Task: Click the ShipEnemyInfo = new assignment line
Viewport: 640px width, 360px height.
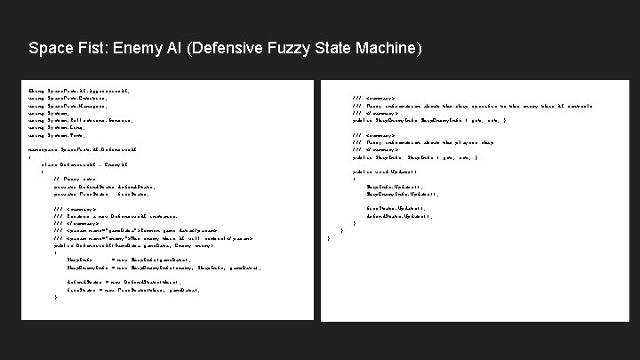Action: coord(142,268)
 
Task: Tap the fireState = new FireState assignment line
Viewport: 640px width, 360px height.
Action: coord(133,289)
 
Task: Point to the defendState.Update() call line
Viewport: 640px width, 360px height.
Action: coord(399,215)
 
